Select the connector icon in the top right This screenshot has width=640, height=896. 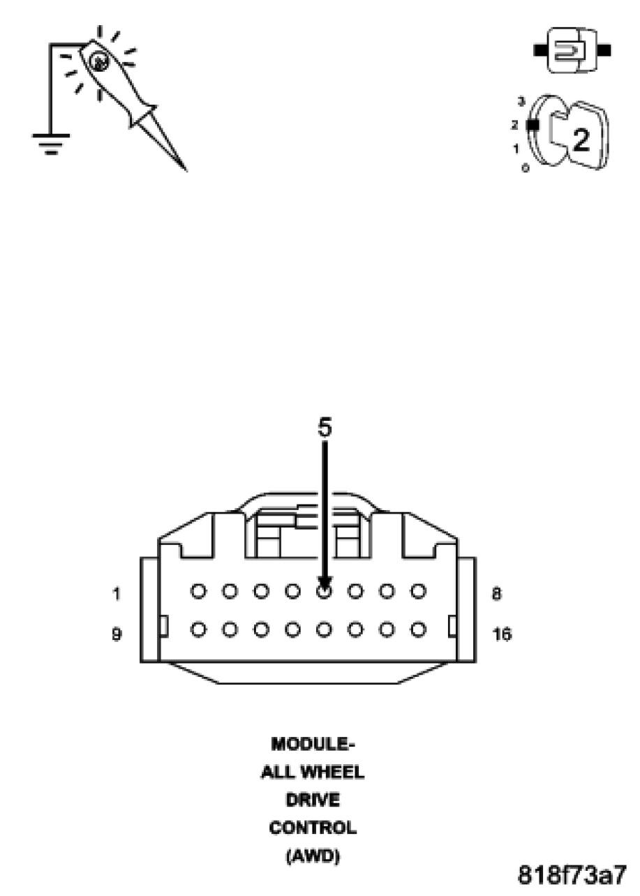572,50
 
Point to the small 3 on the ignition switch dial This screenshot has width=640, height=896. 521,102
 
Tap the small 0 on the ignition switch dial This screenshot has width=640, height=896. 524,167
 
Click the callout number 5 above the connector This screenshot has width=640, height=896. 325,428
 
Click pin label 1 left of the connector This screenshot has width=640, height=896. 116,595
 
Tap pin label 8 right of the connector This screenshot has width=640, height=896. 496,594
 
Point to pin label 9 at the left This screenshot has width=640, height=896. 116,634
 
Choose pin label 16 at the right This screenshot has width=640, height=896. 501,634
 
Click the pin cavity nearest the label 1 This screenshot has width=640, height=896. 198,592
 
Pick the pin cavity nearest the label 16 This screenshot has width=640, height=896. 418,629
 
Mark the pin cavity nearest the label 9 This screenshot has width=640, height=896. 198,629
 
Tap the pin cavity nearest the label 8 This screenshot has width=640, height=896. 418,592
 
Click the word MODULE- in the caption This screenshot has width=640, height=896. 312,744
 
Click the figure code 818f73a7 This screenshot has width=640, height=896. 572,874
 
